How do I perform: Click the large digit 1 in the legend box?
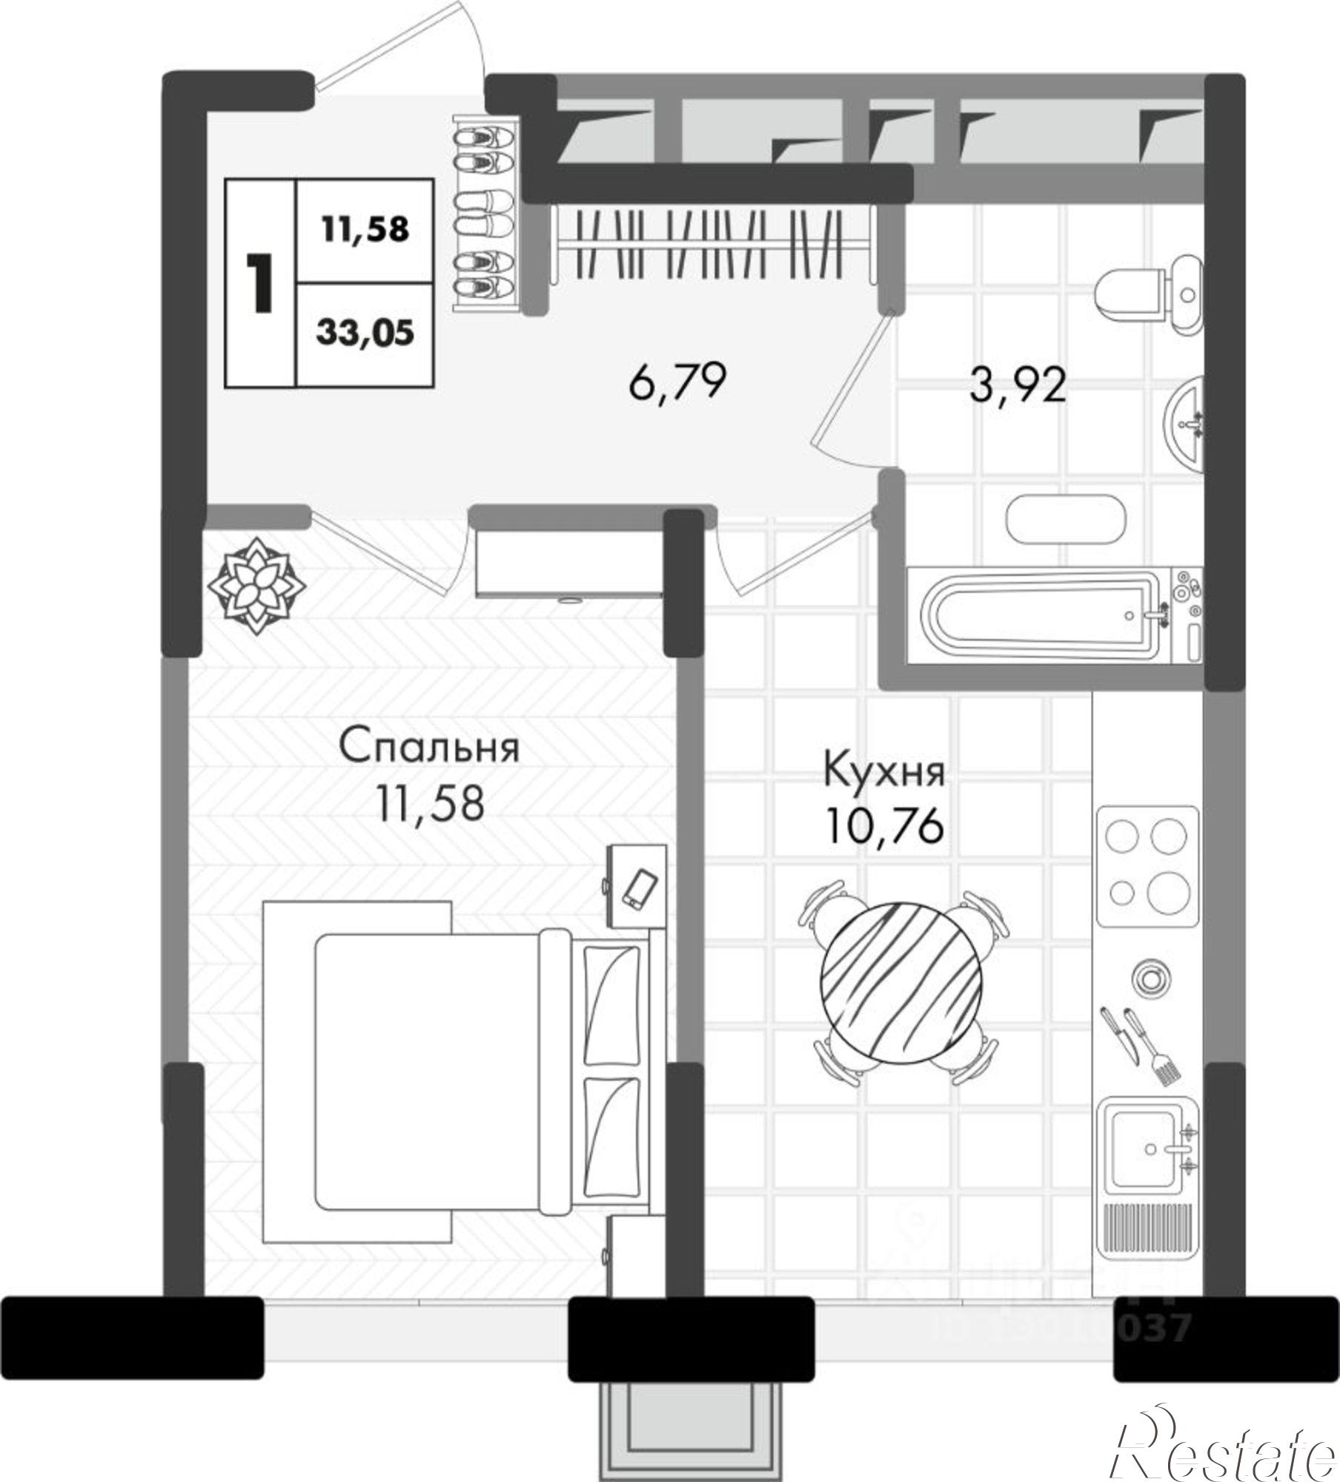click(x=260, y=283)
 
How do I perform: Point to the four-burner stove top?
click(x=1147, y=865)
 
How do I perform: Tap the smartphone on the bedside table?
click(x=639, y=888)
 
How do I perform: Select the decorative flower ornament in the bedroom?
click(x=256, y=586)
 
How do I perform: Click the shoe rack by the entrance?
click(x=484, y=216)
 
